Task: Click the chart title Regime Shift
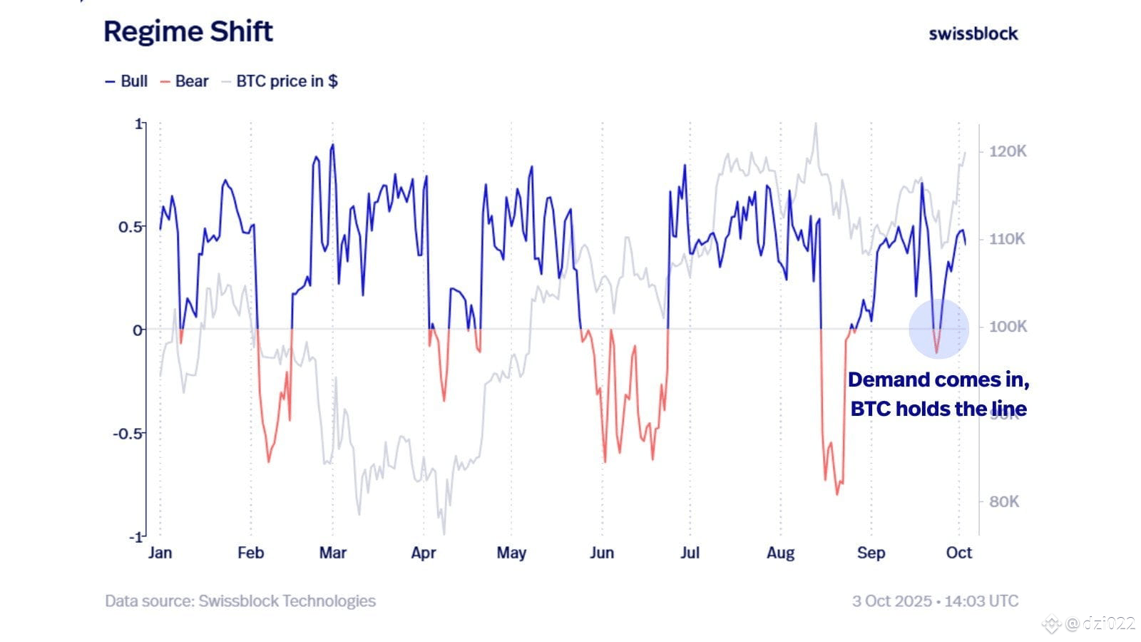point(188,32)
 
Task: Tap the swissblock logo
point(973,34)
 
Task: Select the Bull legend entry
point(127,81)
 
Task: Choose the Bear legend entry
point(185,81)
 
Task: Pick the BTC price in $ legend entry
point(280,81)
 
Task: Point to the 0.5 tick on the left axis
point(131,227)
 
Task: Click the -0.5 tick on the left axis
point(128,434)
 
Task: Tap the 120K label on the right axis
point(1007,151)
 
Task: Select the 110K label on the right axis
point(1007,239)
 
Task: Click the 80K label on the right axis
point(1004,501)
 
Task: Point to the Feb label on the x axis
point(250,553)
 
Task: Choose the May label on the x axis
point(511,553)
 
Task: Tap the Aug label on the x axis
point(780,553)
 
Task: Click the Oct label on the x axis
point(959,553)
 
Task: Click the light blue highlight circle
point(938,328)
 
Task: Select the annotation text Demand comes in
point(938,380)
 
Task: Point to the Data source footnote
point(240,601)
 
